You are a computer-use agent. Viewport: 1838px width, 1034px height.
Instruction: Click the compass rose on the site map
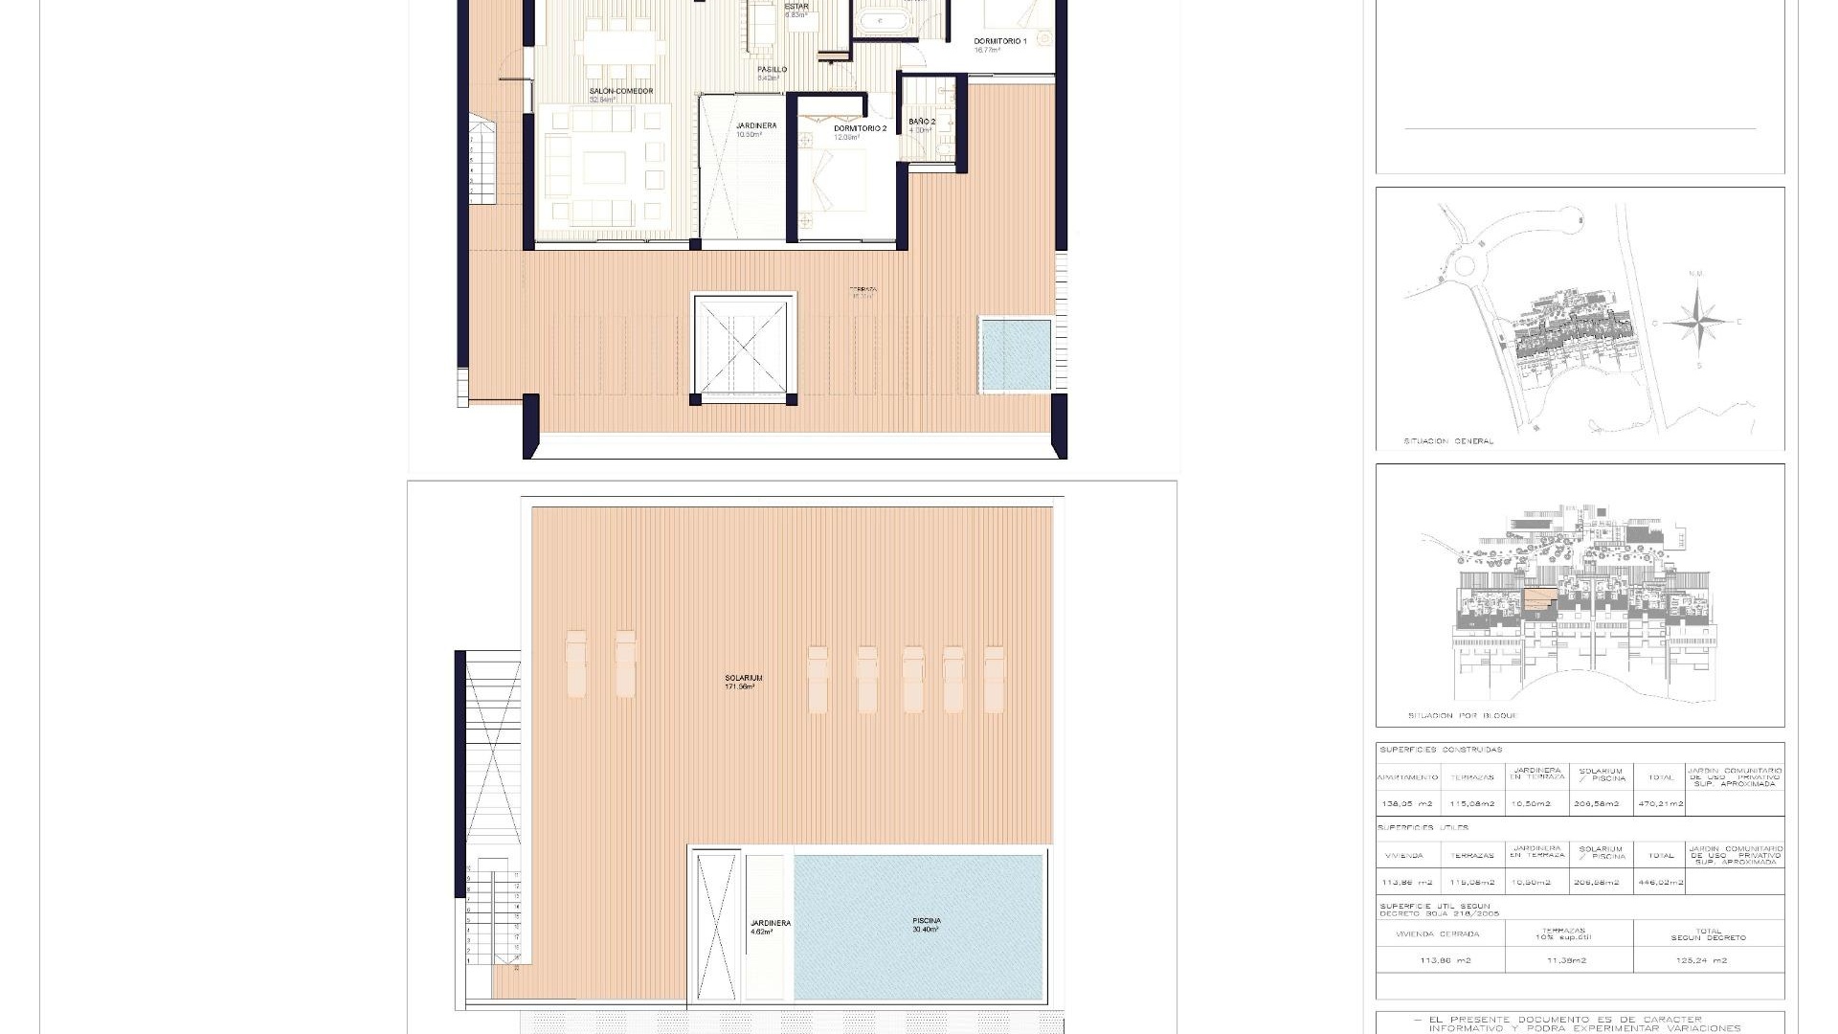tap(1697, 321)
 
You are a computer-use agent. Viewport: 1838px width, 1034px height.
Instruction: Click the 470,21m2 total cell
tap(1661, 803)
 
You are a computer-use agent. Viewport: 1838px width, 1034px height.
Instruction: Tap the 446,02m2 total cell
tap(1661, 882)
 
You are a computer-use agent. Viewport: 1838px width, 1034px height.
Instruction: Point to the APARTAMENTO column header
tap(1408, 777)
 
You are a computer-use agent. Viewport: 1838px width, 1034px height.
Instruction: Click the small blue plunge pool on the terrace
tap(1015, 355)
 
